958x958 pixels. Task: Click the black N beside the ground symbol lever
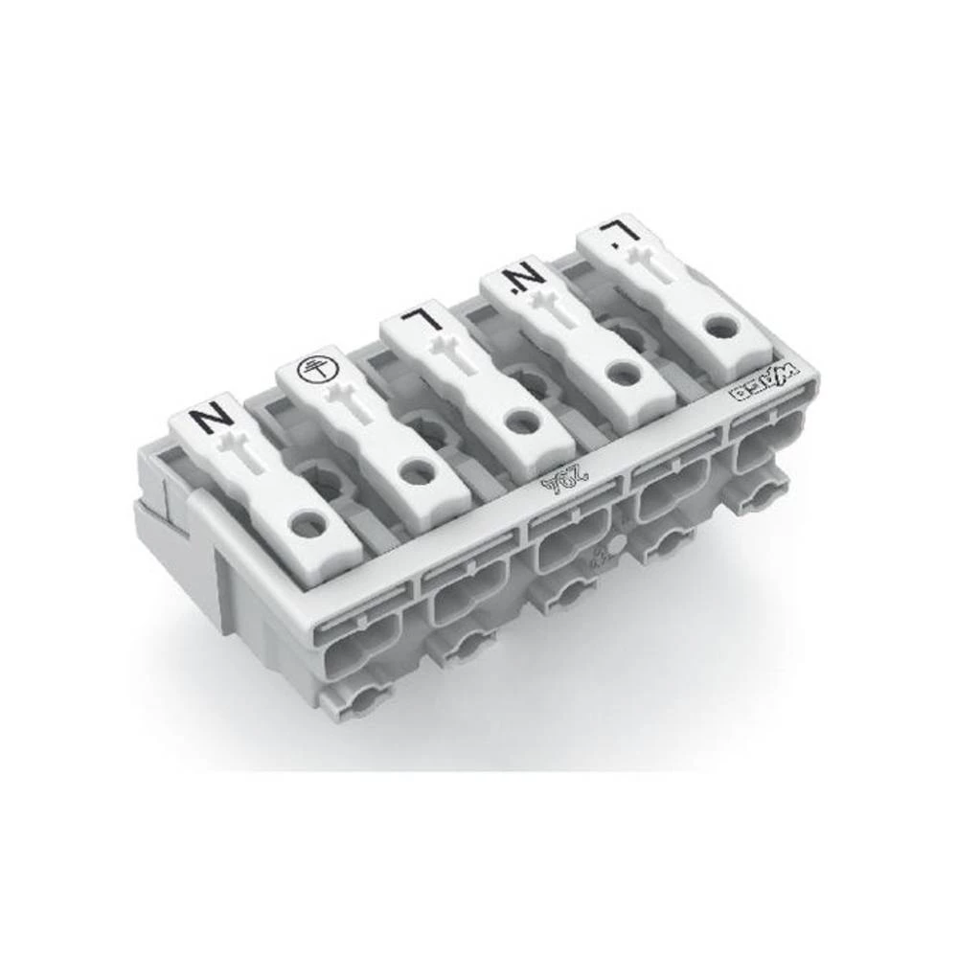[x=211, y=419]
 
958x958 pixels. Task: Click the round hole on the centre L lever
[x=520, y=420]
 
